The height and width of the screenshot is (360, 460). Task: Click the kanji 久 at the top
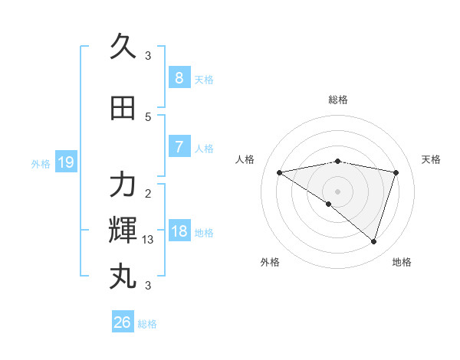123,47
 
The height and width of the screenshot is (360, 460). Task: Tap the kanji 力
123,185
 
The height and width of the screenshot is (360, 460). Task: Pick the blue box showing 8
179,77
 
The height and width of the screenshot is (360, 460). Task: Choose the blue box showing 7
179,146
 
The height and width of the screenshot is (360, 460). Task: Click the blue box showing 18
179,231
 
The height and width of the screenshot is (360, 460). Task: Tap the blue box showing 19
65,162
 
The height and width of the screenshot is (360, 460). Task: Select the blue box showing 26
122,322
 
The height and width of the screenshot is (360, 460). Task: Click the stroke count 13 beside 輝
148,240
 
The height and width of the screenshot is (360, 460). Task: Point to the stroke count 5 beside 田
148,117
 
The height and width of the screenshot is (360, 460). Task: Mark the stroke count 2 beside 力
148,194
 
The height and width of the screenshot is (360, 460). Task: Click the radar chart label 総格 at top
337,100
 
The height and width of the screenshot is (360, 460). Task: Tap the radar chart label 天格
431,159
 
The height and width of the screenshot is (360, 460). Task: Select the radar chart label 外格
270,262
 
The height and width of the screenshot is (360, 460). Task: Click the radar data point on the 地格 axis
373,241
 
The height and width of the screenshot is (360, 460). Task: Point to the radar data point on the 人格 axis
279,172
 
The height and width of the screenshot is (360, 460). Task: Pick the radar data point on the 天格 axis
396,172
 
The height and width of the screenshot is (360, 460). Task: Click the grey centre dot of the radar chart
337,191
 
